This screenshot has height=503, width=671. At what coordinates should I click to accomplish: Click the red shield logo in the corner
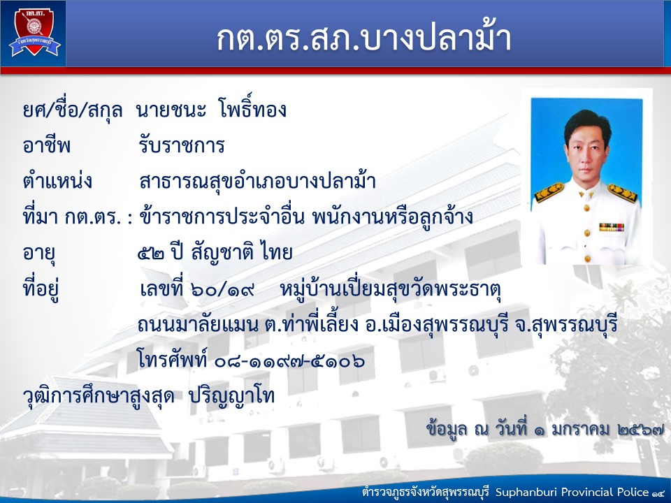tap(34, 33)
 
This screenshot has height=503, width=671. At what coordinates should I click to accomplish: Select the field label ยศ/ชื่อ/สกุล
tap(73, 110)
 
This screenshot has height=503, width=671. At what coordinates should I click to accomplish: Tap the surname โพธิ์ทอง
tap(252, 110)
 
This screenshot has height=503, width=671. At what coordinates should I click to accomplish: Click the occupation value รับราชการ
tap(182, 146)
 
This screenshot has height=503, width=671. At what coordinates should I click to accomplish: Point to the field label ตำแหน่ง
tap(57, 181)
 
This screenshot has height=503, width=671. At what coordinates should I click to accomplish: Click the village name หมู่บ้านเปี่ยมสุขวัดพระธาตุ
tap(390, 289)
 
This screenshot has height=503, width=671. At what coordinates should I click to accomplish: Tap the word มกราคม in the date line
tap(580, 429)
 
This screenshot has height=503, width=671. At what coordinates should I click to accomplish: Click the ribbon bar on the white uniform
tap(611, 226)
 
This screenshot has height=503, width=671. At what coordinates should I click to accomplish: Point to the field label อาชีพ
tap(47, 146)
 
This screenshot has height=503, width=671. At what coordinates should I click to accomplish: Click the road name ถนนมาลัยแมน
tap(199, 326)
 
